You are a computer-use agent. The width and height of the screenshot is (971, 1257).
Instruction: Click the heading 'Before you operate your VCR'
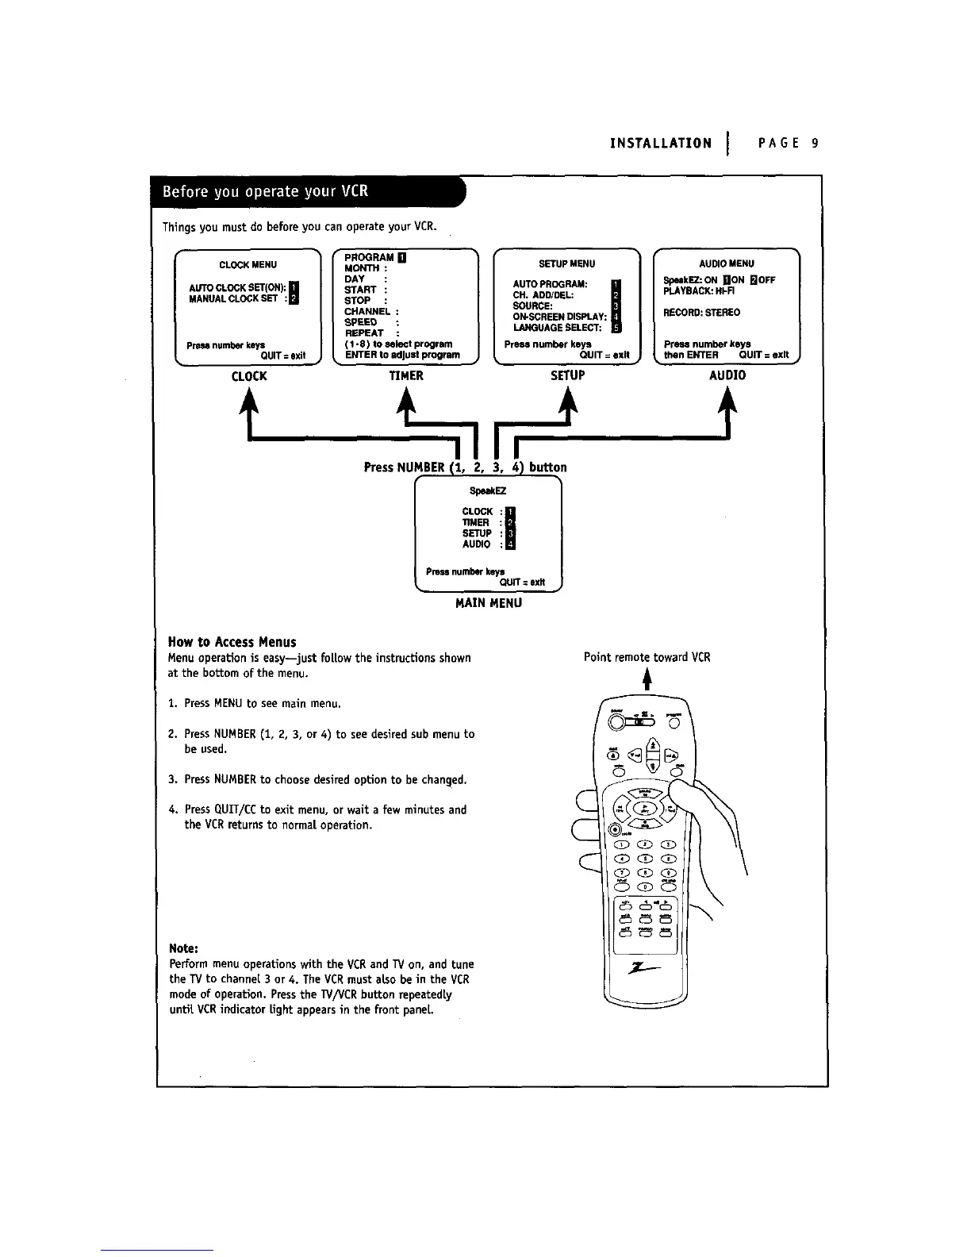265,193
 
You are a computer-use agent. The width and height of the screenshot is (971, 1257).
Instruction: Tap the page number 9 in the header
814,144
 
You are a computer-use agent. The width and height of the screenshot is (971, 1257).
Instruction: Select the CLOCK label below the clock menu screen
249,376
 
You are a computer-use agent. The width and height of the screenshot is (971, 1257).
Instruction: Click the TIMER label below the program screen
406,376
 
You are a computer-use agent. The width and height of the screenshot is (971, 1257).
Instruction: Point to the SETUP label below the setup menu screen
567,375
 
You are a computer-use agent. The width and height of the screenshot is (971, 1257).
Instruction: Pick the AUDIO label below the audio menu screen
727,375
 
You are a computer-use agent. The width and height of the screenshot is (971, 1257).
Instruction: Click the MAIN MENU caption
489,603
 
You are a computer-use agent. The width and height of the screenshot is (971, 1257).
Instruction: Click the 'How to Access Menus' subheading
232,642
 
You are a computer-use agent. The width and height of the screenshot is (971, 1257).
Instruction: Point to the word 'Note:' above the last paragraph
183,948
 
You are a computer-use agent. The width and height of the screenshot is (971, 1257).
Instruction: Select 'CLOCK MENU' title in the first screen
248,265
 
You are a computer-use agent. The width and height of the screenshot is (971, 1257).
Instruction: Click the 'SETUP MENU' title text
566,264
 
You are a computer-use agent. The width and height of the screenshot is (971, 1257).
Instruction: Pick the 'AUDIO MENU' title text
727,263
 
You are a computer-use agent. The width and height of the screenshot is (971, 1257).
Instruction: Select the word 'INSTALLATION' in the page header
661,144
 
